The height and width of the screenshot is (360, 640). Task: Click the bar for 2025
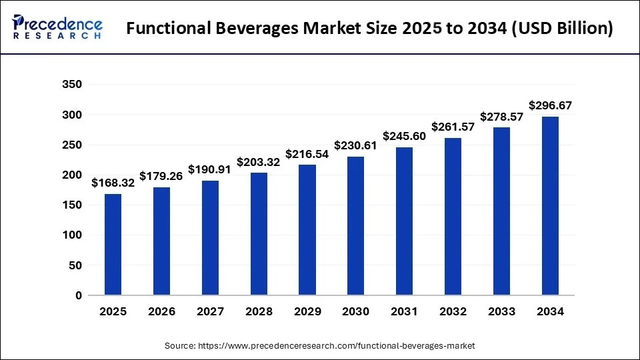(x=113, y=244)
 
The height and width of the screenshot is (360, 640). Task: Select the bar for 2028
(x=259, y=233)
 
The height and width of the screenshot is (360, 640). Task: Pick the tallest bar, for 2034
(x=550, y=205)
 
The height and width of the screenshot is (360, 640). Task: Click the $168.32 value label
(x=113, y=183)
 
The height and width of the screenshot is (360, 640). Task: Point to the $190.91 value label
(x=210, y=169)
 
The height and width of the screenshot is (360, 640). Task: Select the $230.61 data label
(x=356, y=145)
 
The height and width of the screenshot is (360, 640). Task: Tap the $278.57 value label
(x=502, y=117)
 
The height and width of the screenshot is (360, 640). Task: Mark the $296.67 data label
(x=550, y=105)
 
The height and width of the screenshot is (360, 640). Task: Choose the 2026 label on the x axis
(x=161, y=312)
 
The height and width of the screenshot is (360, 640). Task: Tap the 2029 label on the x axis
(x=307, y=312)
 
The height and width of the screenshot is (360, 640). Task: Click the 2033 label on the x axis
(x=502, y=312)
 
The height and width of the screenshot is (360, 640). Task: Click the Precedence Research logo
(x=57, y=27)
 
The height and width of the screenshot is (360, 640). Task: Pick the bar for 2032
(x=453, y=216)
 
